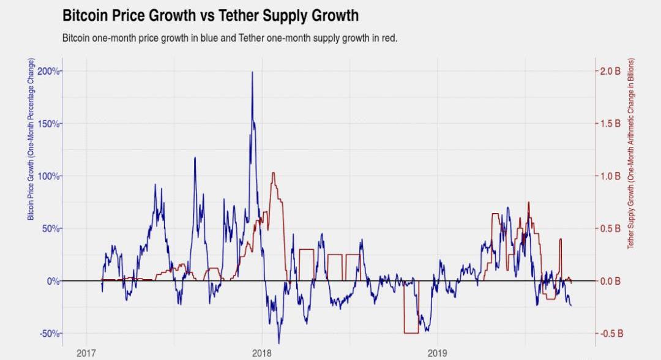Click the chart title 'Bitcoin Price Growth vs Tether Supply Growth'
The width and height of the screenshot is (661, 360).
coord(211,15)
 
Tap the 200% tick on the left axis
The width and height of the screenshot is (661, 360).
coord(48,71)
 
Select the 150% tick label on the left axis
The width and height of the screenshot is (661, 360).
coord(48,124)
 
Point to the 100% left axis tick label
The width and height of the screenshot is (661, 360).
coord(48,176)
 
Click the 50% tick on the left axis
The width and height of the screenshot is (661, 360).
coord(50,228)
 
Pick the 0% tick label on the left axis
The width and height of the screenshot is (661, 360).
coord(52,281)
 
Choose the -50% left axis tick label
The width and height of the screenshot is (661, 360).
coord(49,334)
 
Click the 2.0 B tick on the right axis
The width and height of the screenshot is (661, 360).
coord(610,71)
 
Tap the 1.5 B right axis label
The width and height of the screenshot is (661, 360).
coord(610,124)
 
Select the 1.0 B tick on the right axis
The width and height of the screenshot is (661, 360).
coord(610,176)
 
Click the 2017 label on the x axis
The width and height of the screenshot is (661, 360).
coord(86,353)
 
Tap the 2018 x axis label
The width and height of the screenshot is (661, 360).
coord(262,353)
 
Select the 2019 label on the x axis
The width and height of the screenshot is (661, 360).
coord(438,353)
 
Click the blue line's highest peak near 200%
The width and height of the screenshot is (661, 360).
coord(252,72)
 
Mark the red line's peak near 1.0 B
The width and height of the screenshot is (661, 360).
coord(273,173)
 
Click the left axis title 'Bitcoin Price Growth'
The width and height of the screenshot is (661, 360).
coord(31,140)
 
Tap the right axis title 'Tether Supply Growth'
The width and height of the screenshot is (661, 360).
coord(630,153)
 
